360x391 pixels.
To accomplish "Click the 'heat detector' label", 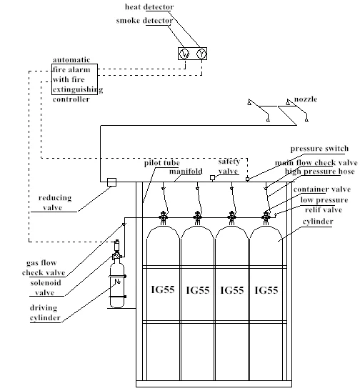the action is (x=149, y=6).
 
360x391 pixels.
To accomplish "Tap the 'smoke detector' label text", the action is (x=144, y=21).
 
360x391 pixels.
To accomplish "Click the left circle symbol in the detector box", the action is (x=184, y=54).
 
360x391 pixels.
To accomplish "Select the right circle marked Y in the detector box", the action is (x=201, y=54).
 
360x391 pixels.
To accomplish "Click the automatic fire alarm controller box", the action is (x=74, y=79).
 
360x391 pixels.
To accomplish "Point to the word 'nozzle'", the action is (x=306, y=99).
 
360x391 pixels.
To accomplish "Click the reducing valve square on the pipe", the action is (x=111, y=182).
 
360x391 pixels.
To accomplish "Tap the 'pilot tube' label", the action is (x=162, y=163).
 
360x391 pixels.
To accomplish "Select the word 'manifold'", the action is (x=186, y=172).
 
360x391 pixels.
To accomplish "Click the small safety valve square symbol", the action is (x=212, y=177).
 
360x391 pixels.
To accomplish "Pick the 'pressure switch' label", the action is (x=319, y=149).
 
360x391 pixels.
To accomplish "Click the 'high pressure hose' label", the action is (x=320, y=172).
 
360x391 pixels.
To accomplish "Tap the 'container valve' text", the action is (x=322, y=189).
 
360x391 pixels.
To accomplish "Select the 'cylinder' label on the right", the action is (x=318, y=222).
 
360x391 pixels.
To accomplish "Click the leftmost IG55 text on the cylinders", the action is (x=163, y=289).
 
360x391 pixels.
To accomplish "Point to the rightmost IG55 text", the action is (x=266, y=290).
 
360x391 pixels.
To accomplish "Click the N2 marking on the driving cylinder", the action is (x=117, y=282).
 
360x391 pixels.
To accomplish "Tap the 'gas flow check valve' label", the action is (x=44, y=267).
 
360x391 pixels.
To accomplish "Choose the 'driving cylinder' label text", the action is (x=45, y=312).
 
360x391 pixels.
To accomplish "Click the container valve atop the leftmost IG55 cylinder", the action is (x=163, y=218).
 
